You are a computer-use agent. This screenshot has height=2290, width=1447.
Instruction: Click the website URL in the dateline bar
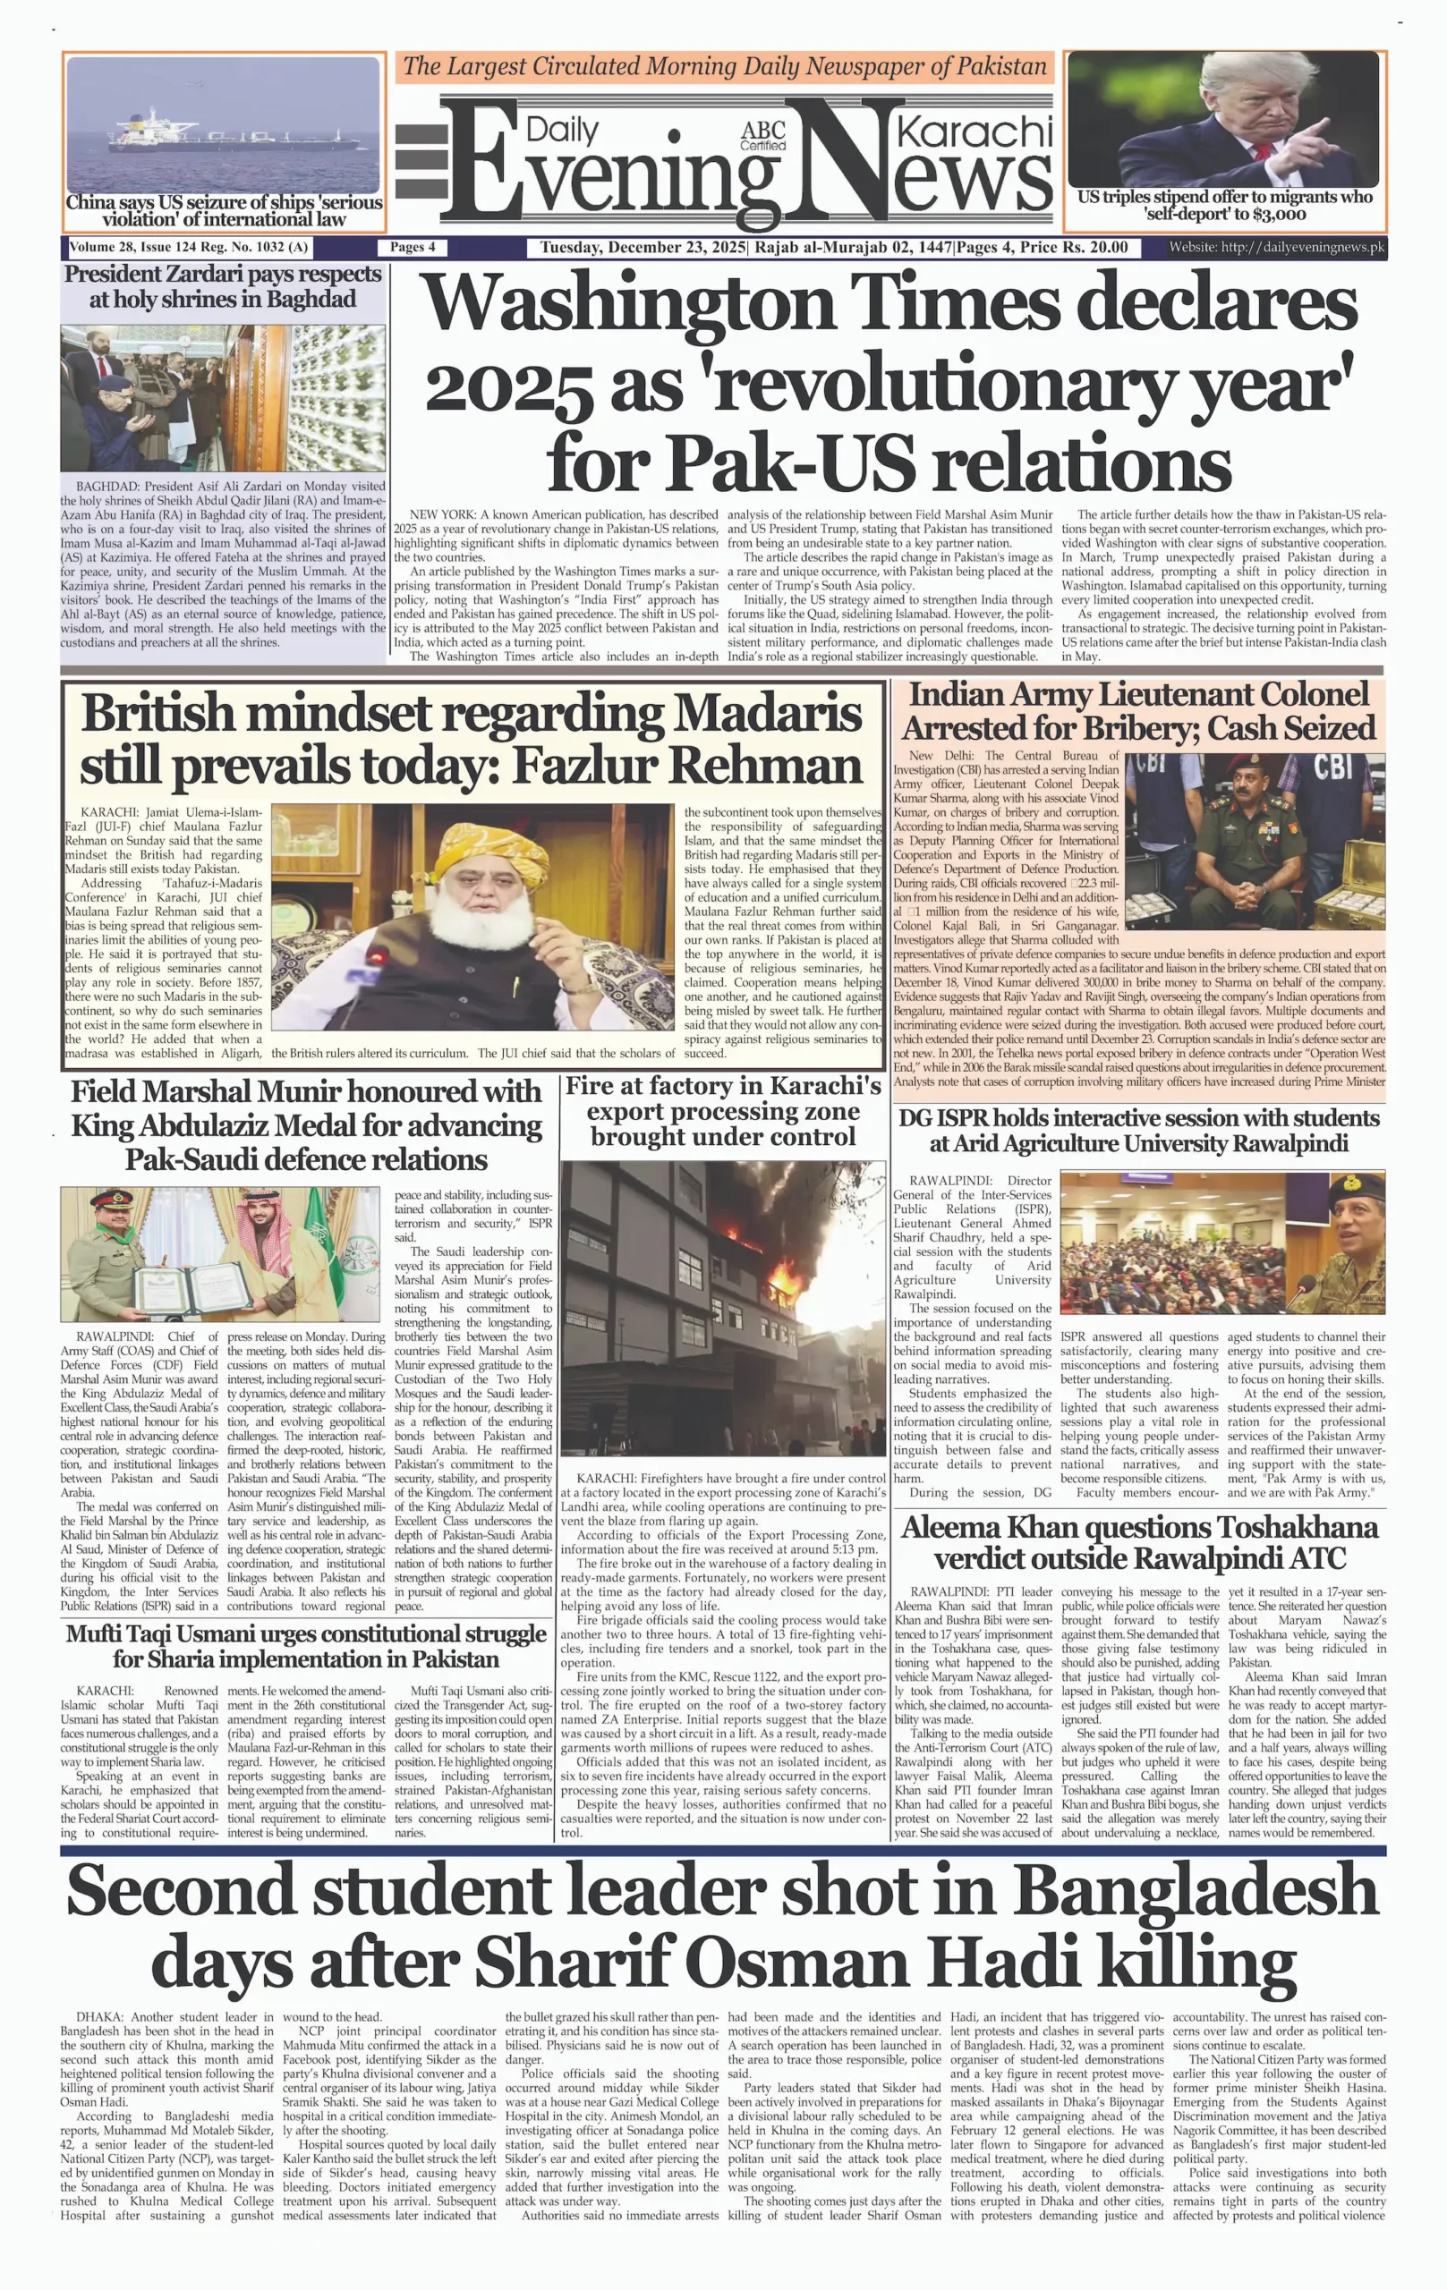pos(1277,247)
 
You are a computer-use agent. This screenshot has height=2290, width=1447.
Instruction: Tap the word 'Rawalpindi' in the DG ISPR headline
pos(1290,1143)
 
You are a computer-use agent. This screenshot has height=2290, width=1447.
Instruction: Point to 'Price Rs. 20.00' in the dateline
pos(1074,247)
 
